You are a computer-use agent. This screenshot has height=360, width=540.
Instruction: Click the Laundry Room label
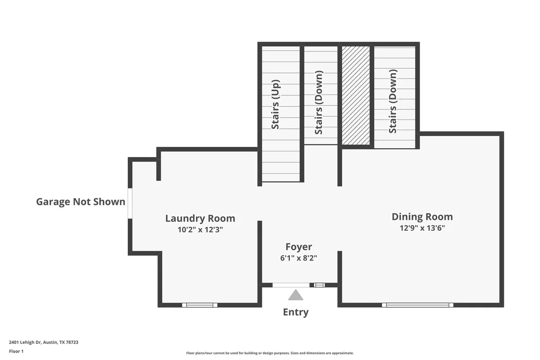[x=200, y=218]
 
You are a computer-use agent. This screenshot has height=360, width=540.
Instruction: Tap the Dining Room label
[x=422, y=217]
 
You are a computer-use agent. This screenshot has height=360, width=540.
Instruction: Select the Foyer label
[x=299, y=247]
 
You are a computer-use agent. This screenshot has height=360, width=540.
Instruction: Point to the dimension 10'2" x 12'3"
[x=200, y=230]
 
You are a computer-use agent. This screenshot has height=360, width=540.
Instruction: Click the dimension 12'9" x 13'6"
[x=422, y=228]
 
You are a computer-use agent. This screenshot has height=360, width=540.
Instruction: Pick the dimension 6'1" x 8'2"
[x=299, y=258]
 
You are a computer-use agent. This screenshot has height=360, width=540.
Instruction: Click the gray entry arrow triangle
[x=295, y=295]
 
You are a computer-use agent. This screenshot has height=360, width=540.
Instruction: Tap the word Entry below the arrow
[x=296, y=312]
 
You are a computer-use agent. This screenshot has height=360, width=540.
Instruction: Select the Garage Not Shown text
[x=80, y=202]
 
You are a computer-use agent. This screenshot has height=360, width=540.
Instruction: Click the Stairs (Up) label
[x=275, y=104]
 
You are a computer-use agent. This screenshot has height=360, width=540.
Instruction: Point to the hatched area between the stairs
[x=356, y=96]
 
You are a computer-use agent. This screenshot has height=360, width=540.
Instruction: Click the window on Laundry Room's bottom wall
[x=200, y=305]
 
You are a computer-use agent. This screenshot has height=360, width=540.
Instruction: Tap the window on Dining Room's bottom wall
[x=418, y=305]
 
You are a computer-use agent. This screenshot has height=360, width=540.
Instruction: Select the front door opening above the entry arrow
[x=291, y=285]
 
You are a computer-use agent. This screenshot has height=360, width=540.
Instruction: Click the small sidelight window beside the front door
[x=319, y=285]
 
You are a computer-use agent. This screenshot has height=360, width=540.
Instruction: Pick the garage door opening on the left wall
[x=130, y=203]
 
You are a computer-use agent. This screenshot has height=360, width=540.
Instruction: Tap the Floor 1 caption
[x=16, y=351]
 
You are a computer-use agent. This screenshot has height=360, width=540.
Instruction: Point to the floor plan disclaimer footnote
[x=270, y=353]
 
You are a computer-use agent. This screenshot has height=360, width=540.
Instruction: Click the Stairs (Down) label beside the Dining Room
[x=393, y=101]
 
